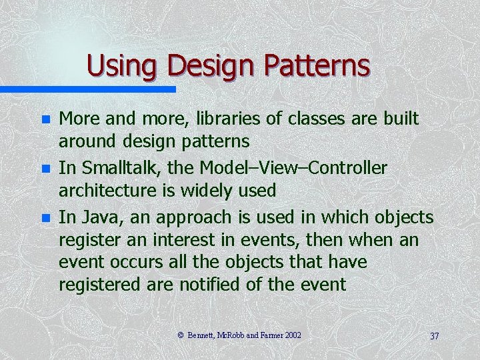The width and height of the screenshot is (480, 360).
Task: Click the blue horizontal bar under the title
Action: click(x=87, y=89)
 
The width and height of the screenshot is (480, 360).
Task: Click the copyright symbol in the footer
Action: click(x=181, y=335)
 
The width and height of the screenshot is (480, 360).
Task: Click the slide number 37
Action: click(x=434, y=335)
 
